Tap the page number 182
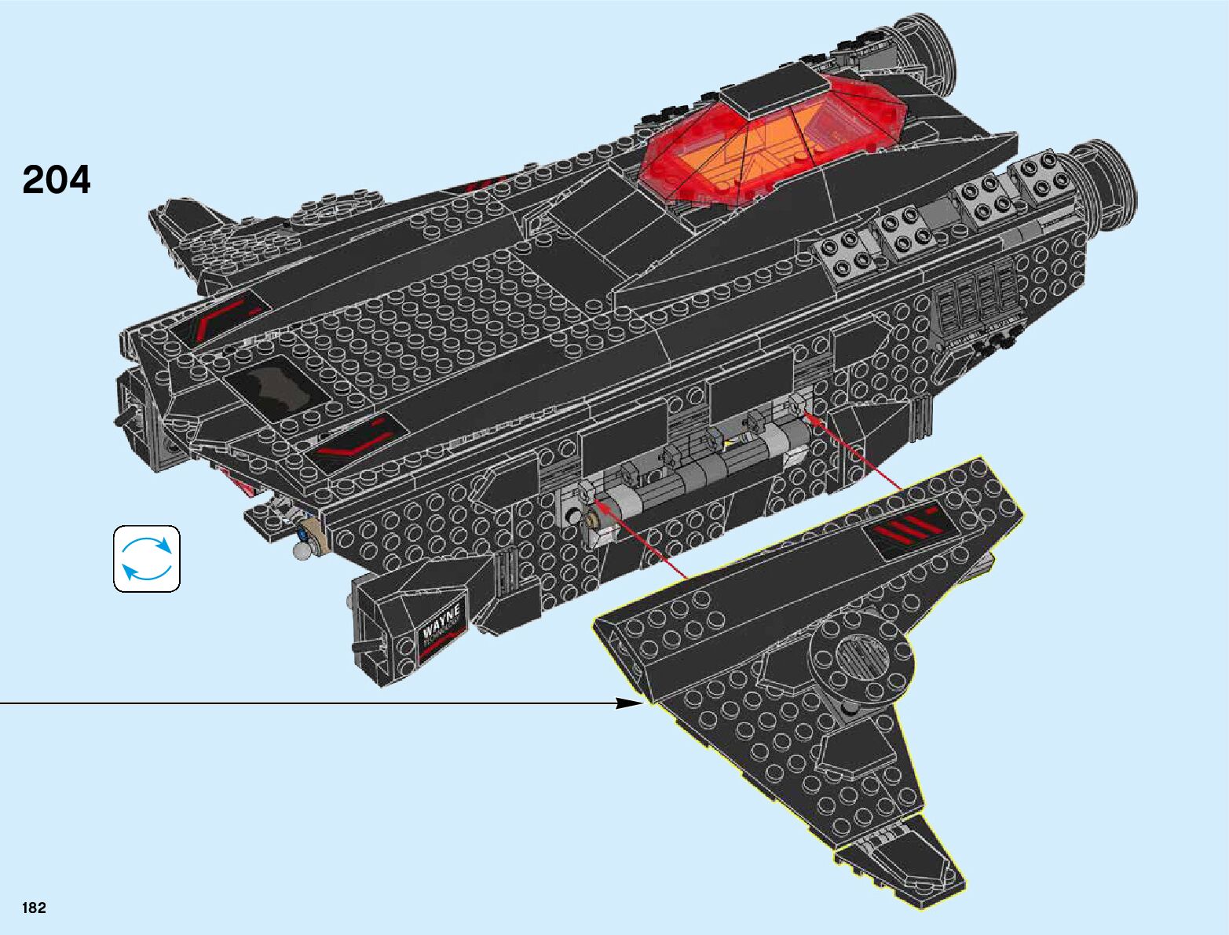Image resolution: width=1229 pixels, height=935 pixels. click(x=35, y=908)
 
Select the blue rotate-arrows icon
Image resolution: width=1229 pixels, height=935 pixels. click(x=147, y=558)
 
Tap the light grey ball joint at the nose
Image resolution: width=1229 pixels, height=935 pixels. click(x=301, y=553)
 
